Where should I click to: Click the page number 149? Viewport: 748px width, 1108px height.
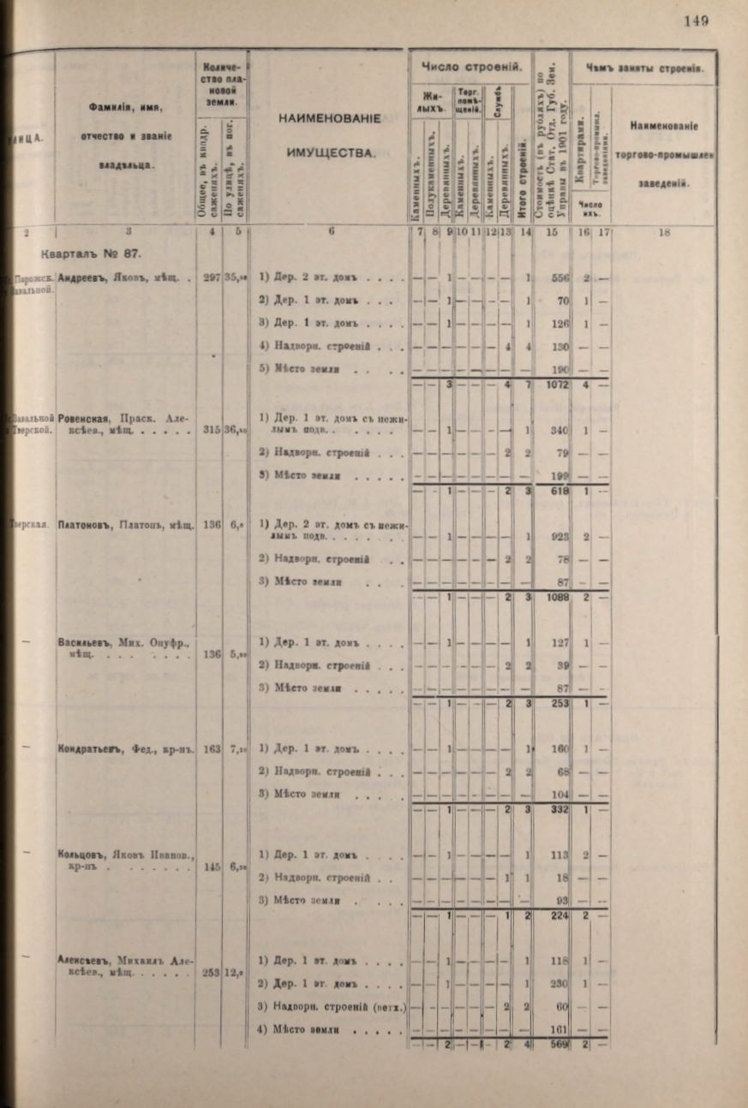(x=696, y=21)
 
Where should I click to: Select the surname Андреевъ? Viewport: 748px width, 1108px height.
(x=81, y=277)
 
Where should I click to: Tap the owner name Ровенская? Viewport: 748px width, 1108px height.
(x=82, y=419)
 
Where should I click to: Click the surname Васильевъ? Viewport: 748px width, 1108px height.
(x=83, y=641)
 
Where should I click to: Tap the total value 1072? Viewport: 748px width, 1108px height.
(x=559, y=385)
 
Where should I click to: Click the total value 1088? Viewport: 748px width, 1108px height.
(x=559, y=598)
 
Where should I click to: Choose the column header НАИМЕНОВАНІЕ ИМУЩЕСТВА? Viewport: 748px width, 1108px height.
(x=329, y=135)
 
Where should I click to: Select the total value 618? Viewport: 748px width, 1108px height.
(x=560, y=491)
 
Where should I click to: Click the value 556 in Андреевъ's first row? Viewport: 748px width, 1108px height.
(x=561, y=278)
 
